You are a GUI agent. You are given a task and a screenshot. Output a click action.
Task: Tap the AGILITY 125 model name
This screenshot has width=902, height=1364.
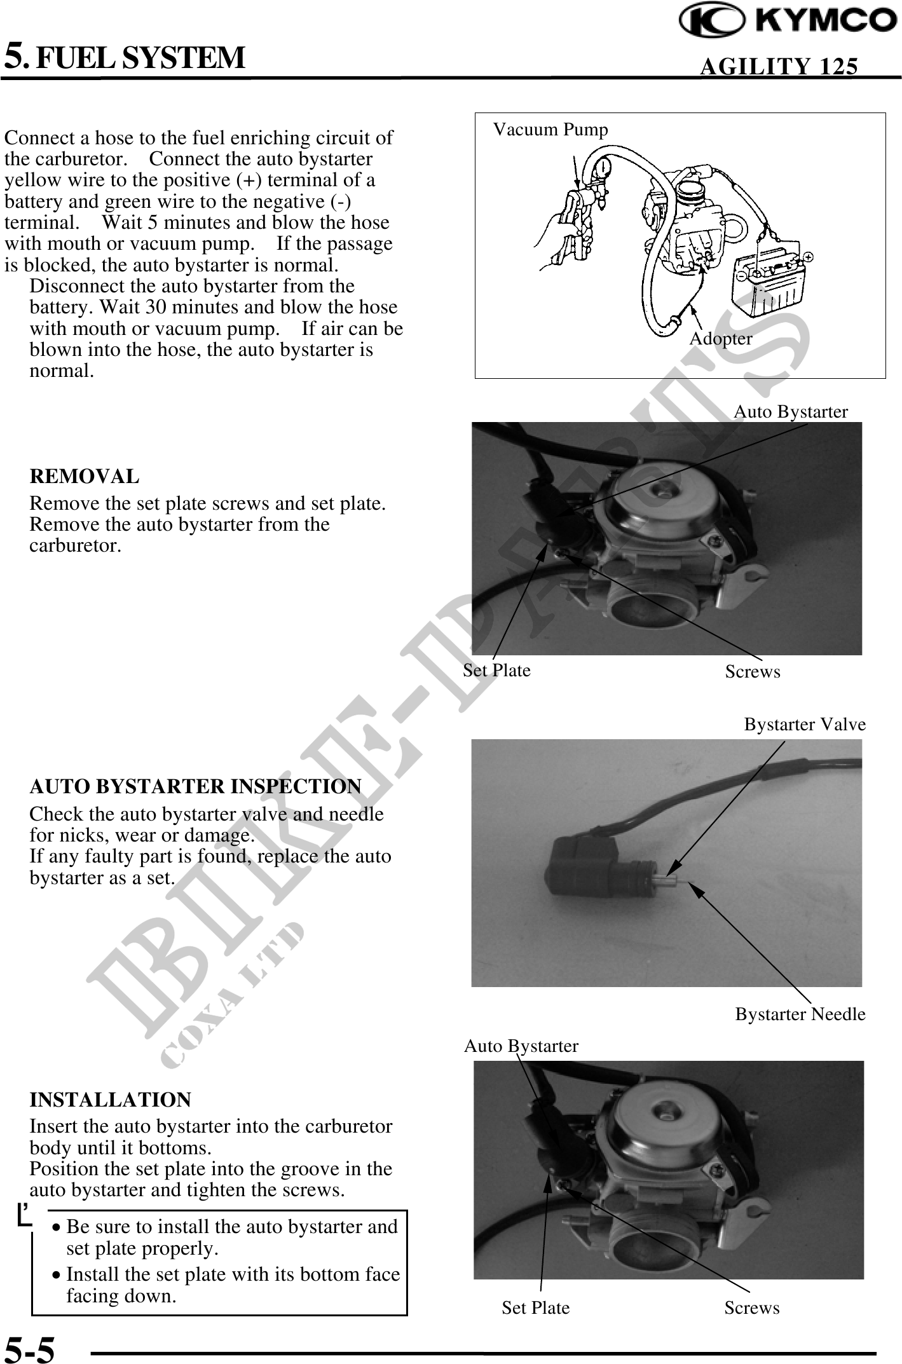tap(779, 66)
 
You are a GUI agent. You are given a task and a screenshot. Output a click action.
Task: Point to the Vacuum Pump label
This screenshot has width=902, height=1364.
tap(550, 130)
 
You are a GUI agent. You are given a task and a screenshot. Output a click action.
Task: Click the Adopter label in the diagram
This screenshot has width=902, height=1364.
tap(721, 339)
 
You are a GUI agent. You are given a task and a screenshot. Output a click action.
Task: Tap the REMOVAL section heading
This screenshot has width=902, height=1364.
tap(84, 476)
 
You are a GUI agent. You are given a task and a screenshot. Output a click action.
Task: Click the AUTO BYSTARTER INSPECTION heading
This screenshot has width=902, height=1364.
tap(195, 786)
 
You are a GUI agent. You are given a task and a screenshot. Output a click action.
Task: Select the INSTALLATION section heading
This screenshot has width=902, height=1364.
tap(110, 1100)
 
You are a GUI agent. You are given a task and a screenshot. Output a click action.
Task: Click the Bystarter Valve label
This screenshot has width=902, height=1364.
tap(805, 725)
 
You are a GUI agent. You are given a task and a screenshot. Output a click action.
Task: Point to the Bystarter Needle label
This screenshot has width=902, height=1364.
tap(800, 1014)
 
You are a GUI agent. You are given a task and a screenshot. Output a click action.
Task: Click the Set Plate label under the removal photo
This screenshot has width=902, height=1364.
tap(496, 670)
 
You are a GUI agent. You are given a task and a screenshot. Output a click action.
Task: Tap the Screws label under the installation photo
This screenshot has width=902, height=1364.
tap(752, 1308)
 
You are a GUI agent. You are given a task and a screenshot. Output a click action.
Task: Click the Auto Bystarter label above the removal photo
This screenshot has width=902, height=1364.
tap(791, 412)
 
